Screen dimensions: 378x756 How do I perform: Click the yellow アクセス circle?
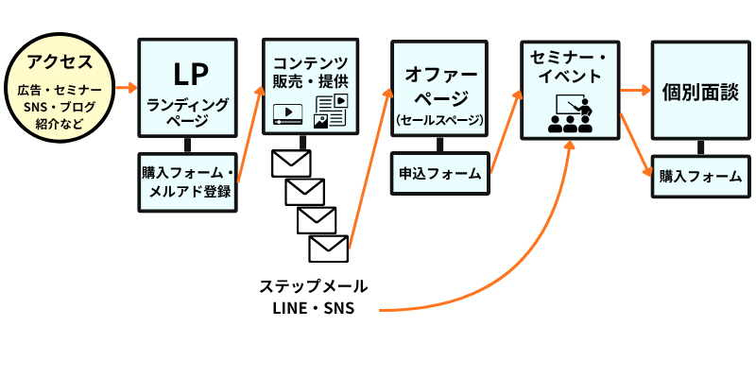click(60, 83)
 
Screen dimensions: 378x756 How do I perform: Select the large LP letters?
click(188, 75)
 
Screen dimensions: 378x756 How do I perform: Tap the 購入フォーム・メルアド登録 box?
click(188, 182)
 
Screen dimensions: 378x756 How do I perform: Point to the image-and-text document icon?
click(331, 110)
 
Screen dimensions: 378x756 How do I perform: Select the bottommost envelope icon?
click(329, 249)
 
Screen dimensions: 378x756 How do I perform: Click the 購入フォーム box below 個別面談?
click(699, 176)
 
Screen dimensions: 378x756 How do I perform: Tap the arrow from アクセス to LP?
click(124, 88)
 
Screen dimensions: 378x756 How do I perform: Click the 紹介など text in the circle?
click(60, 123)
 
